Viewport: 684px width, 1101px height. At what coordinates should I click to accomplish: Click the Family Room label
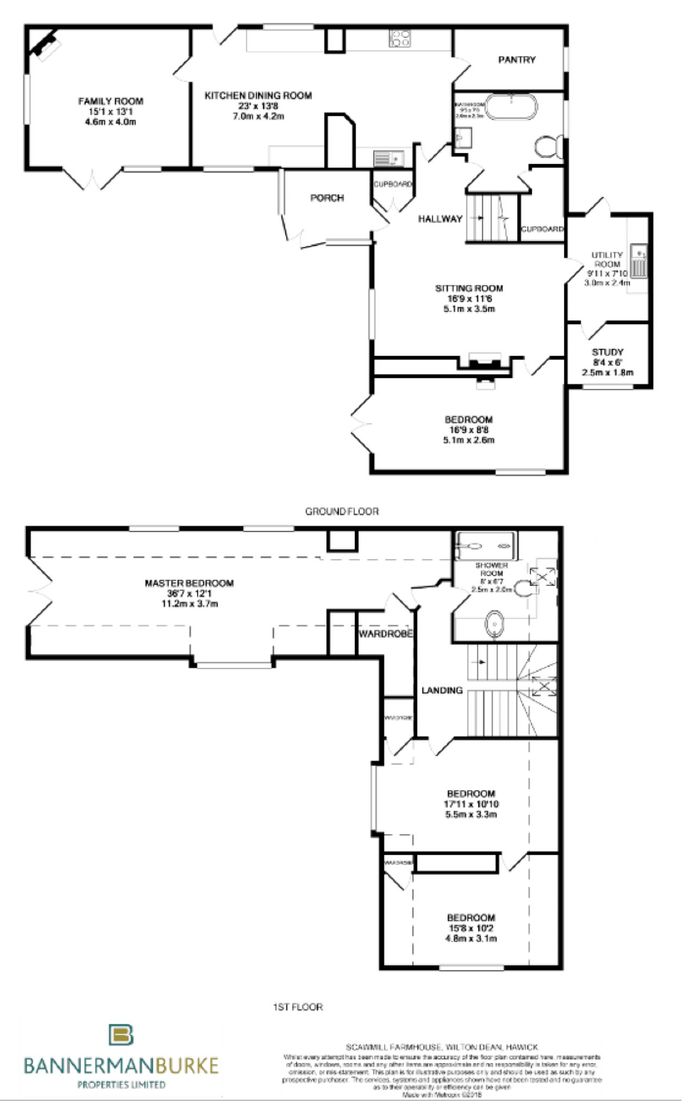coord(110,101)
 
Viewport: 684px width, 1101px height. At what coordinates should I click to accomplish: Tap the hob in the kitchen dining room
coord(400,39)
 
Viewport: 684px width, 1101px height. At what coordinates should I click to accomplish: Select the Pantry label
coord(517,60)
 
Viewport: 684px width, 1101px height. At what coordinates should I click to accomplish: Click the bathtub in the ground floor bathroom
coord(511,107)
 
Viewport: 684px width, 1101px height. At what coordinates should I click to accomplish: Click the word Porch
coord(327,198)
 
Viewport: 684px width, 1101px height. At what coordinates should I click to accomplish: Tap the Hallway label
coord(440,219)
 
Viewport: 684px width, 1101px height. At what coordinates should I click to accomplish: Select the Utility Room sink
coord(639,260)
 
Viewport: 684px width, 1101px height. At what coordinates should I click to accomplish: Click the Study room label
coord(607,352)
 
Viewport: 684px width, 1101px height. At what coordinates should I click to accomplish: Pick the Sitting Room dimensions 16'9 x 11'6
coord(469,299)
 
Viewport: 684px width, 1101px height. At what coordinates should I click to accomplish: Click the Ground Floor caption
coord(341,512)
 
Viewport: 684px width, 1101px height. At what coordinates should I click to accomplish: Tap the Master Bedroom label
coord(189,583)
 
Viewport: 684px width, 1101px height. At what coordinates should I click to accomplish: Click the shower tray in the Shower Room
coord(486,546)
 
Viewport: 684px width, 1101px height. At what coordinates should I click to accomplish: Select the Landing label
coord(442,691)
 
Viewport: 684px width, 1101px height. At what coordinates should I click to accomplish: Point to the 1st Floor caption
coord(298,1007)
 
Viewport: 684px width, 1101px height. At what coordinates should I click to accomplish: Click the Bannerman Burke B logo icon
coord(121,1035)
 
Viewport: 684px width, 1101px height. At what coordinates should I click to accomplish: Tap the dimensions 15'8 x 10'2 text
coord(471,928)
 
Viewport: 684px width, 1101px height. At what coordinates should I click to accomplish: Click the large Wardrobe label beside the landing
coord(385,634)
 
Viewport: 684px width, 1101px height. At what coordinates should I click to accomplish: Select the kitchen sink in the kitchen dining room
coord(388,158)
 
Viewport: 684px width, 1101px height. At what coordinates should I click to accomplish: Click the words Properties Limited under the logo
coord(121,1084)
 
